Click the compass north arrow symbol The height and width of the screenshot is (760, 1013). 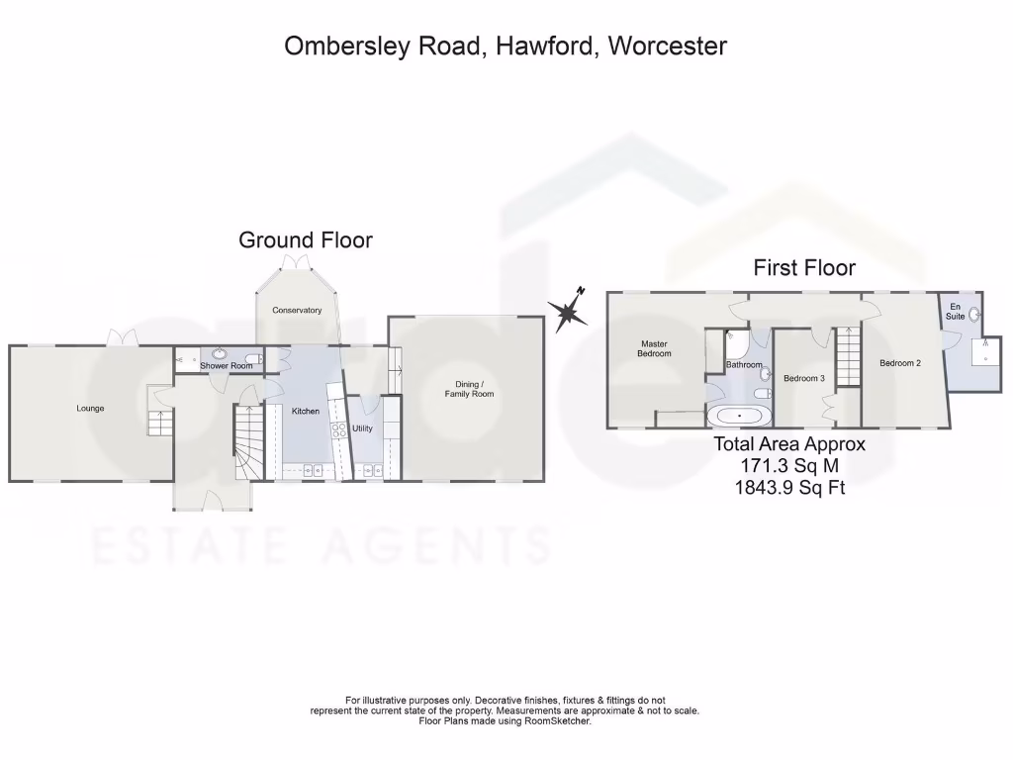(569, 311)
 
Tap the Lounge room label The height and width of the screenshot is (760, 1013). (90, 408)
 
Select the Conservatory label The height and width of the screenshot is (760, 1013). (297, 310)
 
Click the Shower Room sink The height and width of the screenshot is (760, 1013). (219, 353)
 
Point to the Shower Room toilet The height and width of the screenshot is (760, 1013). (255, 359)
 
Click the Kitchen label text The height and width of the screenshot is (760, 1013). (306, 411)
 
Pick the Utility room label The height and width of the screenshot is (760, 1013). (362, 428)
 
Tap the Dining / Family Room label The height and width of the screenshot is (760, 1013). (469, 389)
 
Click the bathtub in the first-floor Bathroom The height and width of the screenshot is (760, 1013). (734, 416)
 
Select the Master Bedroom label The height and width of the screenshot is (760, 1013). (654, 348)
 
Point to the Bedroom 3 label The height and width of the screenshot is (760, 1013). (804, 378)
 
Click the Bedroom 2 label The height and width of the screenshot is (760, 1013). (900, 363)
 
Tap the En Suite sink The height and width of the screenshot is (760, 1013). (973, 315)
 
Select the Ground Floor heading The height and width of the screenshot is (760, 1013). (306, 239)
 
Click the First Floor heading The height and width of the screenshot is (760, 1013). (804, 267)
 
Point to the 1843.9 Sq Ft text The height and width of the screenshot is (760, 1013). (789, 487)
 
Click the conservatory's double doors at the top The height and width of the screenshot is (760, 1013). (295, 260)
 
